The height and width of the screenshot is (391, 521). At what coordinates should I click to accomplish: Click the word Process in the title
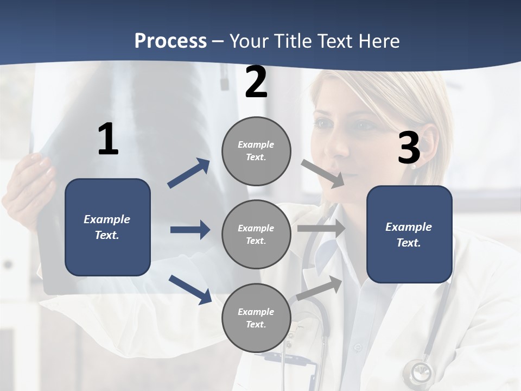170,41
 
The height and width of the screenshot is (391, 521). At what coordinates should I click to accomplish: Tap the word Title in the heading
293,41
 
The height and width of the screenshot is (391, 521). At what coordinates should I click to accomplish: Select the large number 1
108,140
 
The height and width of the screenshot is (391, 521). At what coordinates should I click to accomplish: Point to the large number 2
256,83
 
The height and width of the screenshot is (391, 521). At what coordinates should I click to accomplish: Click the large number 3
409,148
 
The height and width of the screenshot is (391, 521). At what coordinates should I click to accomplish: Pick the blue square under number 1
107,227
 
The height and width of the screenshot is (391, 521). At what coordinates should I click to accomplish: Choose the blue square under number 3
409,235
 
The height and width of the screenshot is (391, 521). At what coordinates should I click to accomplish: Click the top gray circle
256,151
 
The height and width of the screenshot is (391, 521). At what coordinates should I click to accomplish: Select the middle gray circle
256,235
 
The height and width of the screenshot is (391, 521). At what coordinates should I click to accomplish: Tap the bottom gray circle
256,318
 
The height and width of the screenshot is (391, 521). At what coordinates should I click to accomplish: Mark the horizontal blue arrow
190,230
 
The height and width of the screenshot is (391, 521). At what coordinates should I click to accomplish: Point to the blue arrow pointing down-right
190,289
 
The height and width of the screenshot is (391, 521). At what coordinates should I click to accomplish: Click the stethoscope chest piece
420,373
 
